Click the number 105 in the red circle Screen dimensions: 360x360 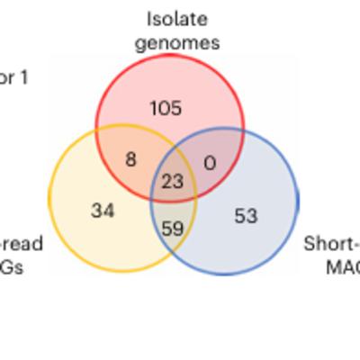(166, 109)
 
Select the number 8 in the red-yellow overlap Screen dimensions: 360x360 (130, 159)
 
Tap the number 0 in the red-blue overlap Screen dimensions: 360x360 (211, 163)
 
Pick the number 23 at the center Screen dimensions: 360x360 (172, 182)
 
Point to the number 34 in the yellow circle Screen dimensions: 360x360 (103, 211)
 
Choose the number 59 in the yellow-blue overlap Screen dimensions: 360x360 (172, 229)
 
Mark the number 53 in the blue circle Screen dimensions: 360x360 (246, 216)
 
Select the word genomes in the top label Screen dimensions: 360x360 (177, 42)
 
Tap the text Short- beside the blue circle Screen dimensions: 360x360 (331, 243)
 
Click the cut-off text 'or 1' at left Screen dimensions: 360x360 (13, 78)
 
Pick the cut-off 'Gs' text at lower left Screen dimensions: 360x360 (13, 267)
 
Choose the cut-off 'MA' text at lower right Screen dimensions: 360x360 (342, 267)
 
